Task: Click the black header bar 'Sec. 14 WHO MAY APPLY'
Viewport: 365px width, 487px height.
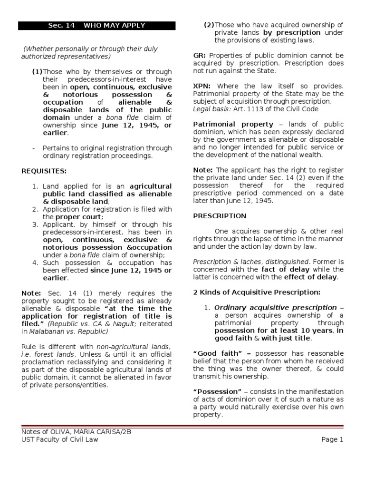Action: [96, 25]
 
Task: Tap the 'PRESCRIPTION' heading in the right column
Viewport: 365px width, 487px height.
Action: [220, 216]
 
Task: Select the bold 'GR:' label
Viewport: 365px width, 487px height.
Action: [200, 56]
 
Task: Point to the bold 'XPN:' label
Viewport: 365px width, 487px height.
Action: [202, 86]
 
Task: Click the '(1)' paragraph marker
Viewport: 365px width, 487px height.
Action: [37, 72]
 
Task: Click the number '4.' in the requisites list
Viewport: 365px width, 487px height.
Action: [35, 263]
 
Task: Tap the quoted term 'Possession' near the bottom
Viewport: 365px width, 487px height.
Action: [215, 391]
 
